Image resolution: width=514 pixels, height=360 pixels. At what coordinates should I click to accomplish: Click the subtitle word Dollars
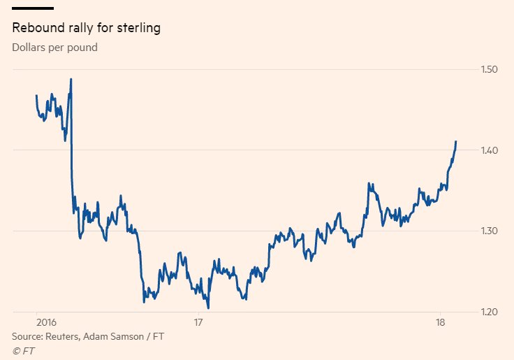coord(27,48)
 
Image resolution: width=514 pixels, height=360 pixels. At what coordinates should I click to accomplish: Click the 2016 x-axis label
coord(45,323)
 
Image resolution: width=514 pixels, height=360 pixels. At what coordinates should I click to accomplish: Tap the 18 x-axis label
coord(439,323)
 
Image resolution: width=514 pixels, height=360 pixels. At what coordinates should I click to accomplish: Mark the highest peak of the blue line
coord(71,79)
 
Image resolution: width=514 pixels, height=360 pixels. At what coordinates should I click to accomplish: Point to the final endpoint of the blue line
coord(456,141)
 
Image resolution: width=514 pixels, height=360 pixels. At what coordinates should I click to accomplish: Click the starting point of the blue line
coord(36,95)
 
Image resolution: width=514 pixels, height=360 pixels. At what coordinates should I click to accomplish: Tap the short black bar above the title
coord(33,8)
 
